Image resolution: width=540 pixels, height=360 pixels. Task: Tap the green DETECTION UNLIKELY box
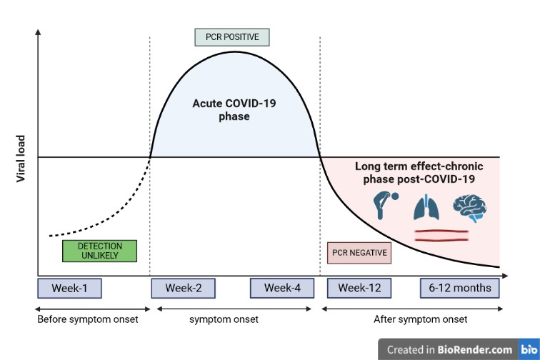point(99,251)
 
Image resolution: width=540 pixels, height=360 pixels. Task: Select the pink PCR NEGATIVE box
point(359,253)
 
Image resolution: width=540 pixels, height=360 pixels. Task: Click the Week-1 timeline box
point(69,288)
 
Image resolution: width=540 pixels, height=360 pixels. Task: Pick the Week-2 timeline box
point(184,288)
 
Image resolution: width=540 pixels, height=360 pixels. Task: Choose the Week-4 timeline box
point(282,288)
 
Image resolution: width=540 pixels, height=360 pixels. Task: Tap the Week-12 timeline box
point(359,288)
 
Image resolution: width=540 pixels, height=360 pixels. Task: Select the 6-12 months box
point(460,288)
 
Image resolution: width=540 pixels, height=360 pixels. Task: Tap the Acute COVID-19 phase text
point(234,109)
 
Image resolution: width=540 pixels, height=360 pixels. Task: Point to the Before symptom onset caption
point(87,319)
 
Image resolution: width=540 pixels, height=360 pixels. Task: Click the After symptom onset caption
point(421,319)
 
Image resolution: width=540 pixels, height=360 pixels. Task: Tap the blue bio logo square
point(529,349)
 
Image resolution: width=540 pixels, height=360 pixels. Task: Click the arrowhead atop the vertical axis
point(38,32)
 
